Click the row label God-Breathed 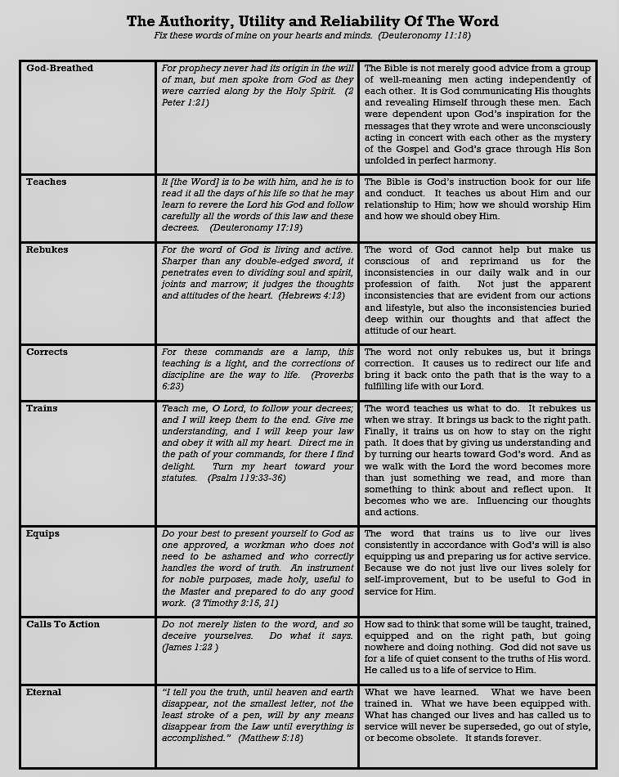(60, 69)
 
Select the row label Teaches (46, 182)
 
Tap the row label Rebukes (47, 249)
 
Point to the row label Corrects (47, 352)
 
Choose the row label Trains (42, 408)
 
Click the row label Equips (43, 533)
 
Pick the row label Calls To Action (63, 624)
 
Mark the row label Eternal (44, 692)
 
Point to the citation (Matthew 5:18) (271, 738)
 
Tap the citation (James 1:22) (190, 647)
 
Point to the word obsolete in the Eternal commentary (438, 738)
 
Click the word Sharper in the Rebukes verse (181, 261)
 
